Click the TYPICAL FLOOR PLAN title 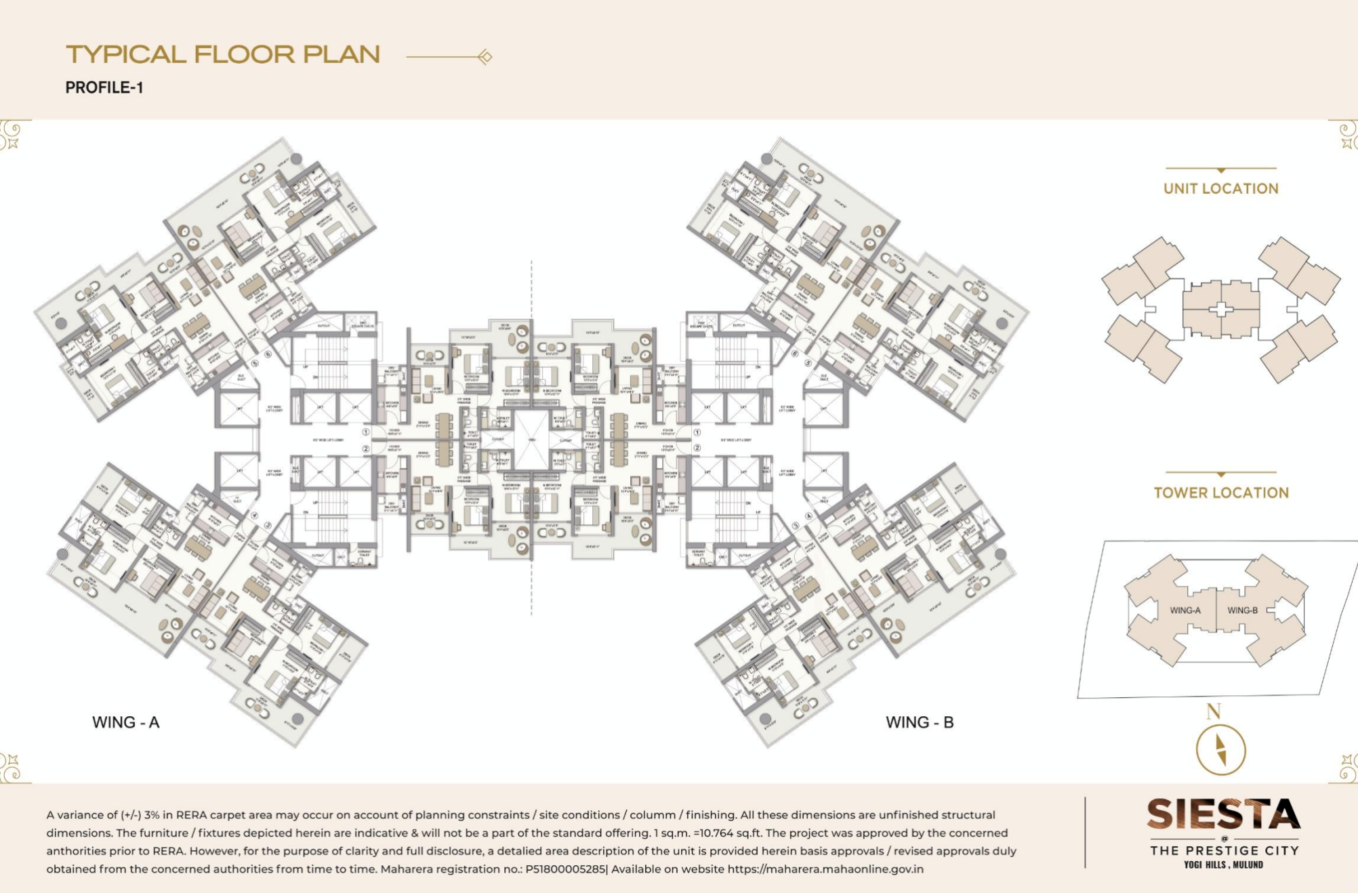223,55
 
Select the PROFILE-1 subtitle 104,88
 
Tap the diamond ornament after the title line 485,57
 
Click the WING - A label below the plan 126,722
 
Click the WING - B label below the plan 920,722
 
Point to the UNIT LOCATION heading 1220,189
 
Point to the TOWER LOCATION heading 1221,493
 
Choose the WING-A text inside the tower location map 1185,610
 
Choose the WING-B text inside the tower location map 1242,610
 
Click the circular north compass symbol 1220,751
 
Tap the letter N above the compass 1214,711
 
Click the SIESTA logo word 1223,814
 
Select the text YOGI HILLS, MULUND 1223,865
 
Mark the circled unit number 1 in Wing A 366,432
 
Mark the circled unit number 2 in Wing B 697,448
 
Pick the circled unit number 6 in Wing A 268,354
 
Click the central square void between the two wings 531,440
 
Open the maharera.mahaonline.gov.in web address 825,869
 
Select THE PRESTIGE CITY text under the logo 1224,850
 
